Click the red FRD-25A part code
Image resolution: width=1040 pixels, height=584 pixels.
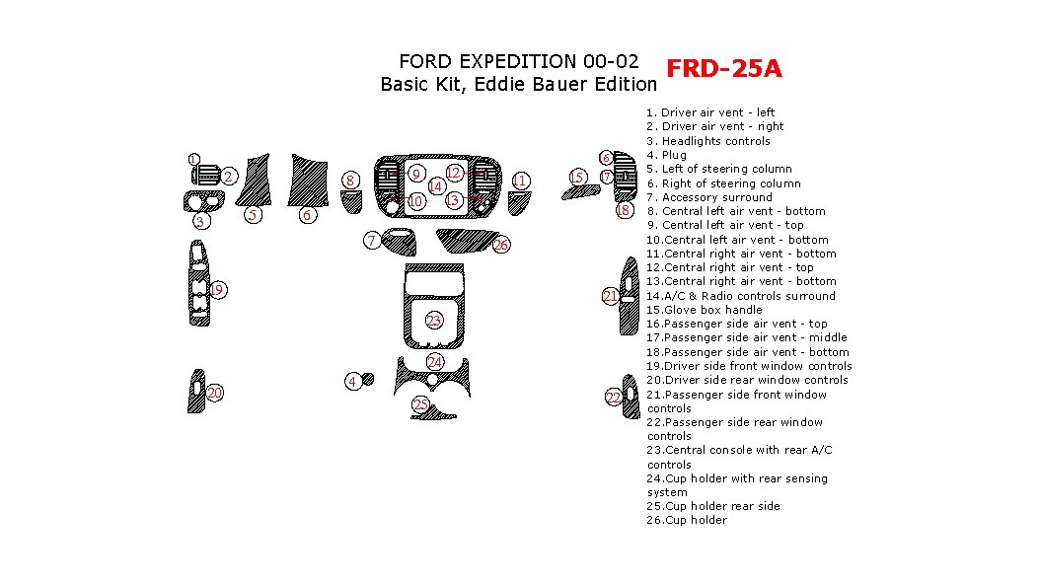click(x=724, y=68)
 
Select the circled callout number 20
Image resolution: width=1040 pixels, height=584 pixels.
click(x=215, y=394)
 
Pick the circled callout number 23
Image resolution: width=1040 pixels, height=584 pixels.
click(x=434, y=321)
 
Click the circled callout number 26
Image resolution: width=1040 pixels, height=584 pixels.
click(x=501, y=245)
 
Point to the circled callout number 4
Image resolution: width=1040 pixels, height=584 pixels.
click(x=352, y=382)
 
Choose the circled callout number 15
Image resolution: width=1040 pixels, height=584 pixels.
click(x=578, y=177)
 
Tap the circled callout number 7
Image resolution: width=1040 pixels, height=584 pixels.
click(x=371, y=241)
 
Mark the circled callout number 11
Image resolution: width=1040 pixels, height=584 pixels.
click(x=520, y=180)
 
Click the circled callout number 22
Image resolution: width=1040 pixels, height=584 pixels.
click(x=614, y=397)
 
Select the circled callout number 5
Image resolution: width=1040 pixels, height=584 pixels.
click(x=254, y=215)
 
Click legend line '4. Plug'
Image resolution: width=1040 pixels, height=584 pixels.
click(x=666, y=155)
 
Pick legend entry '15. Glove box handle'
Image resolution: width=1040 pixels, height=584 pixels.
click(x=704, y=310)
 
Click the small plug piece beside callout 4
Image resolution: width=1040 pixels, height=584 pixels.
click(x=368, y=378)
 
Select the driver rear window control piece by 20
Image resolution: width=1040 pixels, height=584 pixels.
click(x=196, y=391)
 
